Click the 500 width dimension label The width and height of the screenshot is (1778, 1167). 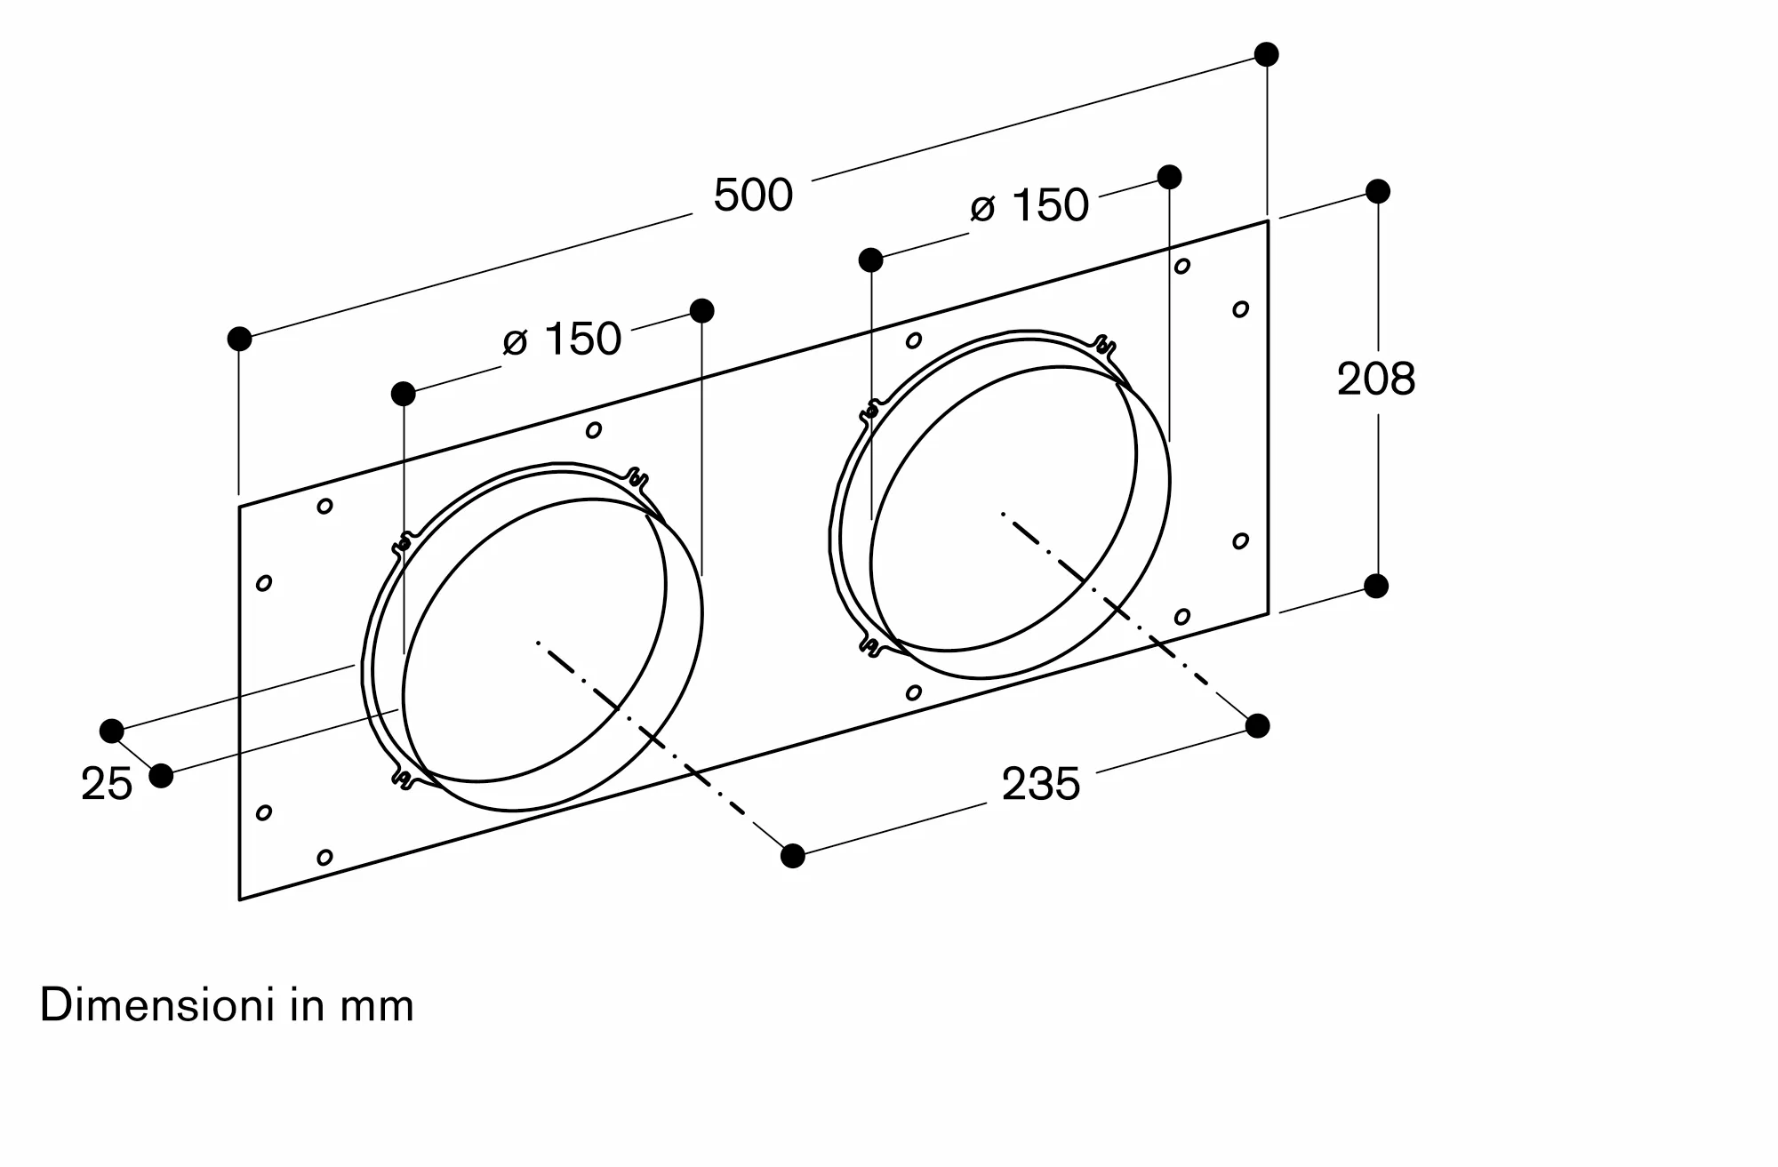tap(753, 195)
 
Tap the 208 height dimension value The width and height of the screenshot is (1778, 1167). tap(1376, 379)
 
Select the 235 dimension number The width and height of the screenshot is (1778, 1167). tap(1041, 784)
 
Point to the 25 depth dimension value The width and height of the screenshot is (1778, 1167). tap(107, 784)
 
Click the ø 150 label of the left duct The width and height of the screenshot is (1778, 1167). tap(562, 339)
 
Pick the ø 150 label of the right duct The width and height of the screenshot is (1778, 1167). tap(1029, 205)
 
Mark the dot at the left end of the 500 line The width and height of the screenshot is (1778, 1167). tap(239, 339)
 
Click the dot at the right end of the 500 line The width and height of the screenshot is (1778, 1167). tap(1267, 54)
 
